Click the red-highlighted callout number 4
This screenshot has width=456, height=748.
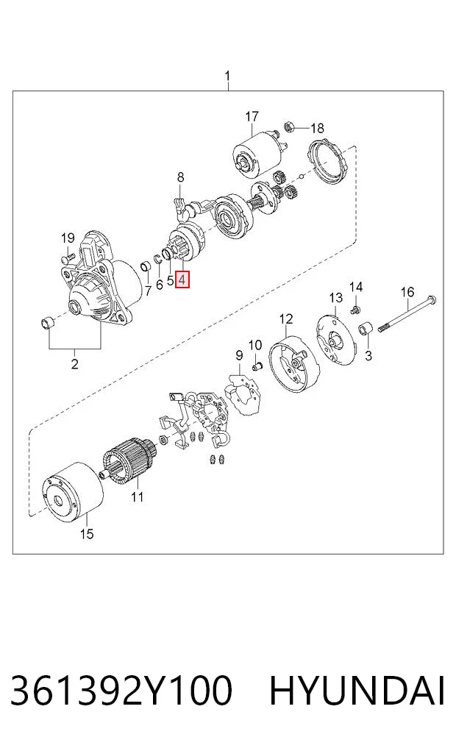pos(182,279)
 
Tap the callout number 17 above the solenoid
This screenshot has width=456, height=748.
pos(252,116)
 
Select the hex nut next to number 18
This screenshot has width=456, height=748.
pos(289,127)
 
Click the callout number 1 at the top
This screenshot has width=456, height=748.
pos(227,76)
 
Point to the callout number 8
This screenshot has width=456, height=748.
pos(180,177)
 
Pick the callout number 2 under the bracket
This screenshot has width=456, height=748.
pos(74,364)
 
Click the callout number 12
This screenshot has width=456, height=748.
pos(285,318)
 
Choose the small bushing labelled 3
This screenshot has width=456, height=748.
pos(366,329)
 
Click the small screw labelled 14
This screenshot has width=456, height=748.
pos(355,310)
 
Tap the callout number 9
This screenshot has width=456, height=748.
pos(239,355)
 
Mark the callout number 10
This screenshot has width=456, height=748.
pos(255,345)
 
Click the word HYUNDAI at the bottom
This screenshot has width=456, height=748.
pos(357,690)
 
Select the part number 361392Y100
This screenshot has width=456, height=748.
pos(121,690)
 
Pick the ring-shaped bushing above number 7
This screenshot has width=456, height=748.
pos(146,266)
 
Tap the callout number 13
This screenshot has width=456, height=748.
pos(336,298)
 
